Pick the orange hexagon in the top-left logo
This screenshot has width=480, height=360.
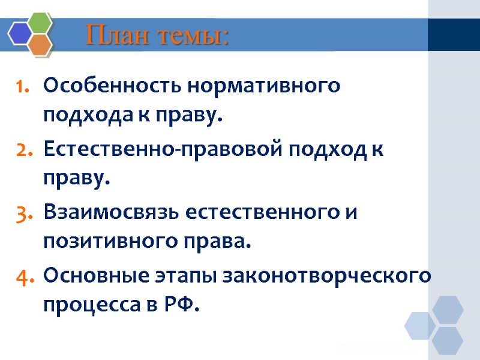[40, 44]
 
